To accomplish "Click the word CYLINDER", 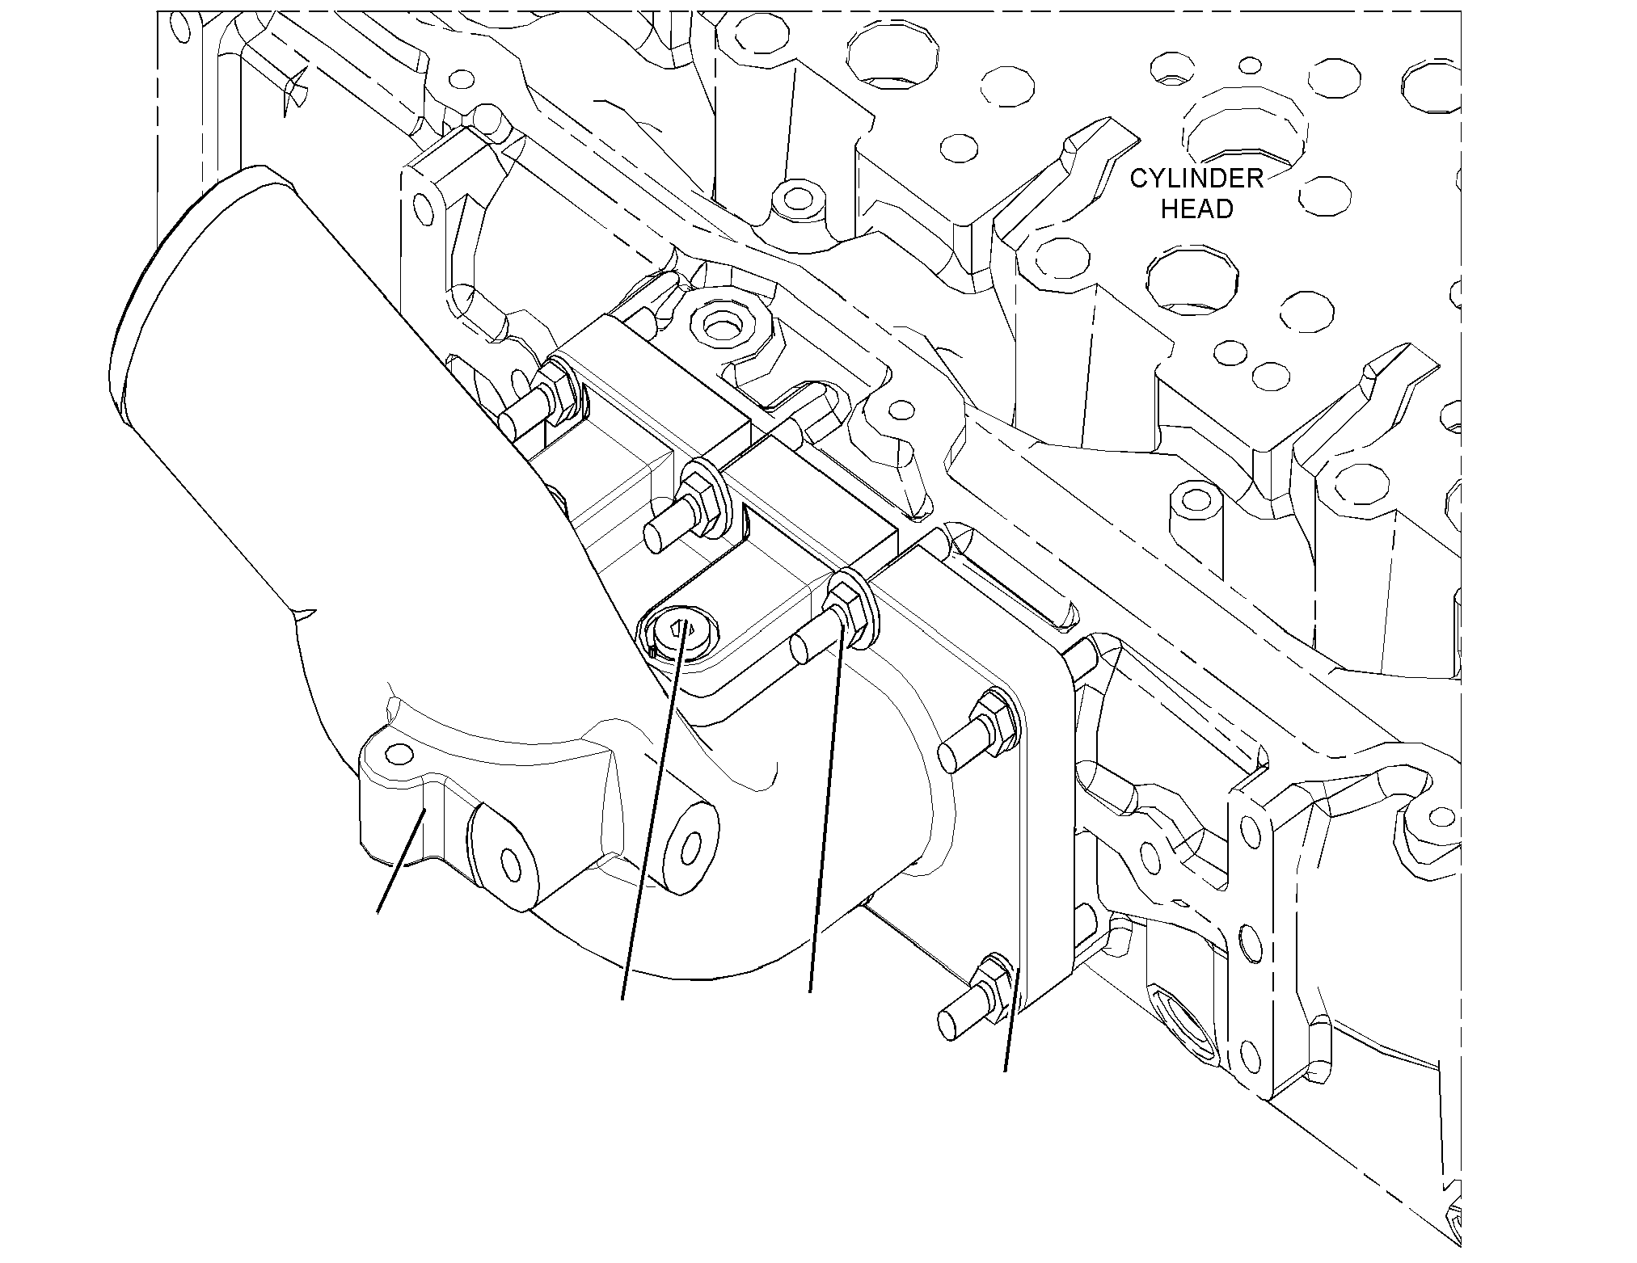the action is (1196, 179).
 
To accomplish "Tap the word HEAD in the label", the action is (1197, 209).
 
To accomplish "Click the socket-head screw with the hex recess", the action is (684, 634).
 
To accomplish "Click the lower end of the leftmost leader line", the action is (378, 914).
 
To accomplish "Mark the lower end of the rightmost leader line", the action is (1005, 1071).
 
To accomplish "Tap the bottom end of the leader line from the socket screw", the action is (622, 1000).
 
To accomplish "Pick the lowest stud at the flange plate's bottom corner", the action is (973, 998).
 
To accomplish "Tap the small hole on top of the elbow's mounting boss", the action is (395, 754).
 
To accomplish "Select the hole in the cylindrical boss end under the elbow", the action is (690, 848).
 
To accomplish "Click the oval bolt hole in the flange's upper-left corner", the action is (420, 209).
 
